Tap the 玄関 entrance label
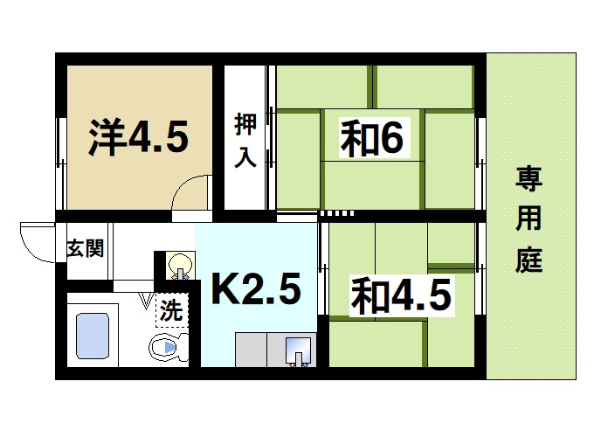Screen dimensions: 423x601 click(86, 248)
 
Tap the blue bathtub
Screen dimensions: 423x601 click(93, 336)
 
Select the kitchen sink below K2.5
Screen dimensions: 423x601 click(297, 350)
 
